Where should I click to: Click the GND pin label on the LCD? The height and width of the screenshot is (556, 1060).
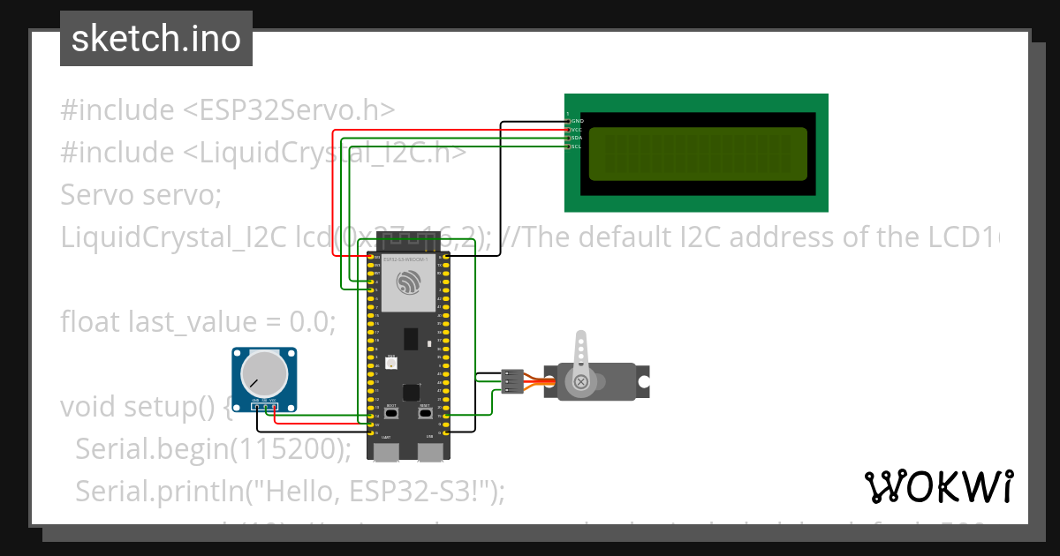578,121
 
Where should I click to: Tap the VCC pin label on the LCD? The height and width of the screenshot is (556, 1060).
578,130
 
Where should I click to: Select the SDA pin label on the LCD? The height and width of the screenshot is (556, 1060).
578,138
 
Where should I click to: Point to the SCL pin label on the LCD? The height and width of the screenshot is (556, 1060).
578,147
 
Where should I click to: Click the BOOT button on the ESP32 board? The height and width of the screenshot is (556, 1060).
391,412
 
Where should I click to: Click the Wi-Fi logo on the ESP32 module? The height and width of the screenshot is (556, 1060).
408,284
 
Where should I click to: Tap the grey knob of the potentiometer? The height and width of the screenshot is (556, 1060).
266,373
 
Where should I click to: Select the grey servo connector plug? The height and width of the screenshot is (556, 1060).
511,381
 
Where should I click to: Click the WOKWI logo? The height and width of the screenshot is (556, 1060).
938,486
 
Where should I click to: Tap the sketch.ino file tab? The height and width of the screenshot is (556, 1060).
156,39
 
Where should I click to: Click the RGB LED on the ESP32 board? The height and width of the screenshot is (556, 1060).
391,362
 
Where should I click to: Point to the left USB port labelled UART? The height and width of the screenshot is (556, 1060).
386,453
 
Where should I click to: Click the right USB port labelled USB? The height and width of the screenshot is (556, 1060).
430,453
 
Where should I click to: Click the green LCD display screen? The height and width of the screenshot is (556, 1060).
697,154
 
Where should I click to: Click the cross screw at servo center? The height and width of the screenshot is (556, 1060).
581,382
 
